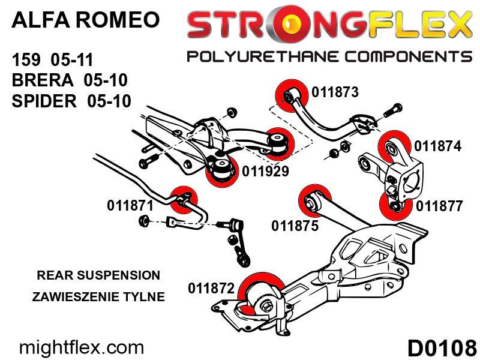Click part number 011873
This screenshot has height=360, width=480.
[335, 92]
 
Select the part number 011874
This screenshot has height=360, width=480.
[437, 146]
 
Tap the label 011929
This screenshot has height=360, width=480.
[266, 172]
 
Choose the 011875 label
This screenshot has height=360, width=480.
[295, 227]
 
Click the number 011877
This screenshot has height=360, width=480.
[439, 206]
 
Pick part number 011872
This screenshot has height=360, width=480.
[211, 289]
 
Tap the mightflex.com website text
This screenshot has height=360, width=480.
[82, 347]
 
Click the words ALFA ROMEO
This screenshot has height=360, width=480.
[86, 20]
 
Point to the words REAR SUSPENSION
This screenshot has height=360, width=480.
[98, 275]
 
